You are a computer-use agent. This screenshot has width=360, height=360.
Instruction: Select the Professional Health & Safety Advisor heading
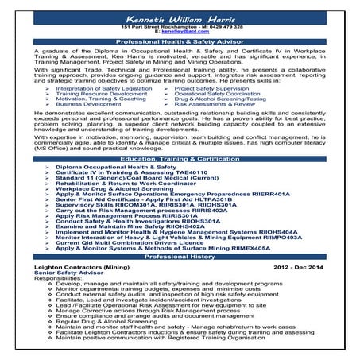point(180,41)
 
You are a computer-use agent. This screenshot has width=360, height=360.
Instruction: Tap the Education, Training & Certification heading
point(180,159)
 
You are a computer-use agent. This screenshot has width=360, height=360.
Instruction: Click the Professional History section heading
point(180,257)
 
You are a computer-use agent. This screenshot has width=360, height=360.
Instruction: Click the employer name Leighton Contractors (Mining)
point(77,269)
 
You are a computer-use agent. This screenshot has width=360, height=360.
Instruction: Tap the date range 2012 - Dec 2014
point(298,269)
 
